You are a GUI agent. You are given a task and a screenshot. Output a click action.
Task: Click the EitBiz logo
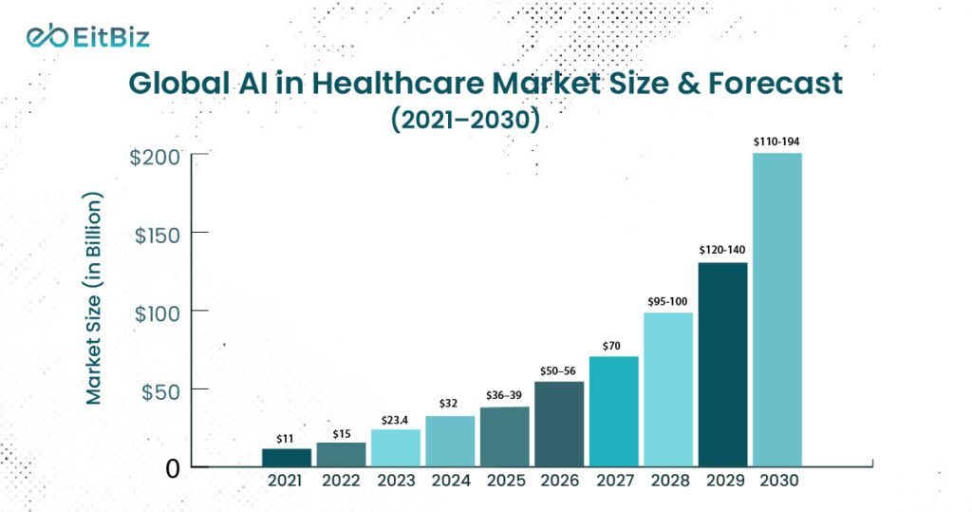pyautogui.click(x=87, y=37)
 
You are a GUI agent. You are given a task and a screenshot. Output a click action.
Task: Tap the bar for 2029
pyautogui.click(x=722, y=364)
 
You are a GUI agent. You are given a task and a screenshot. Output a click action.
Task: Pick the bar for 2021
pyautogui.click(x=286, y=457)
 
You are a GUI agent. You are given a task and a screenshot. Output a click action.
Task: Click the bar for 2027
pyautogui.click(x=613, y=410)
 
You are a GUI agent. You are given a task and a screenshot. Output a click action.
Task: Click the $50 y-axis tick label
pyautogui.click(x=160, y=389)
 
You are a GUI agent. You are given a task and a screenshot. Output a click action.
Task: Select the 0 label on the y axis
pyautogui.click(x=173, y=468)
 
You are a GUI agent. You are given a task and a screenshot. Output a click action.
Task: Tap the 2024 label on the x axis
pyautogui.click(x=450, y=481)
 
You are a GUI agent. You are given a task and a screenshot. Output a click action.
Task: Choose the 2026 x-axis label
pyautogui.click(x=559, y=481)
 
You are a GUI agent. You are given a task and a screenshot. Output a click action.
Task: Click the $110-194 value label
pyautogui.click(x=776, y=142)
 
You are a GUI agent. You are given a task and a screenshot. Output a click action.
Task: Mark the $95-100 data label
pyautogui.click(x=668, y=301)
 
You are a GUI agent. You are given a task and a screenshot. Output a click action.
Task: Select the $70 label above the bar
pyautogui.click(x=613, y=346)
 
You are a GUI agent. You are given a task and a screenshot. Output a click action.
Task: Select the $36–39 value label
pyautogui.click(x=504, y=395)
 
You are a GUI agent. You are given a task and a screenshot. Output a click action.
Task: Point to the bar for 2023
pyautogui.click(x=395, y=447)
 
